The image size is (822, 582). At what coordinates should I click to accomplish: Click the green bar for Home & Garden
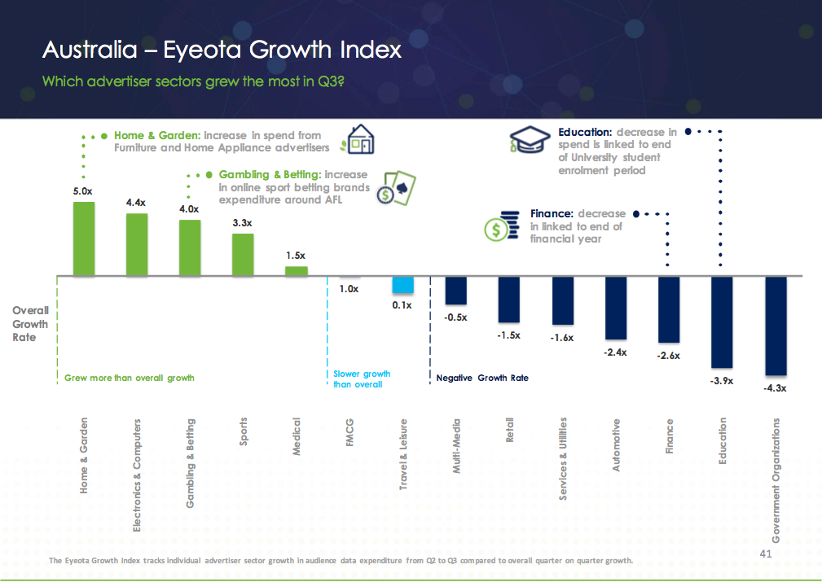point(84,238)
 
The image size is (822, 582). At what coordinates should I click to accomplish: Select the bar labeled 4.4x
point(137,244)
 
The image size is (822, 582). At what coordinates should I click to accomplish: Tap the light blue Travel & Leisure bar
point(402,285)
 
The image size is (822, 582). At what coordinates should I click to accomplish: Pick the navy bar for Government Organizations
point(775,326)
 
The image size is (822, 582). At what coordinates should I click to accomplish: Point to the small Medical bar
point(296,271)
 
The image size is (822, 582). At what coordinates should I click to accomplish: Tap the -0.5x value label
point(455,317)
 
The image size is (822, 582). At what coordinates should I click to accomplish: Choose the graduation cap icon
point(530,140)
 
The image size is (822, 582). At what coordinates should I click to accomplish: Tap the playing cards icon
point(400,189)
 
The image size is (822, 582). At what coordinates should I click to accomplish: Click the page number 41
point(764,554)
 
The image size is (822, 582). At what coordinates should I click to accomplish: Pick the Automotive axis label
point(617,444)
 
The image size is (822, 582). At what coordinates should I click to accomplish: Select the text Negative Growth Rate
point(482,378)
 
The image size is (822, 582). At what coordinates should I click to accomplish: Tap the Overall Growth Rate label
point(30,323)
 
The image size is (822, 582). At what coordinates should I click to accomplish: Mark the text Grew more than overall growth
point(130,378)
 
